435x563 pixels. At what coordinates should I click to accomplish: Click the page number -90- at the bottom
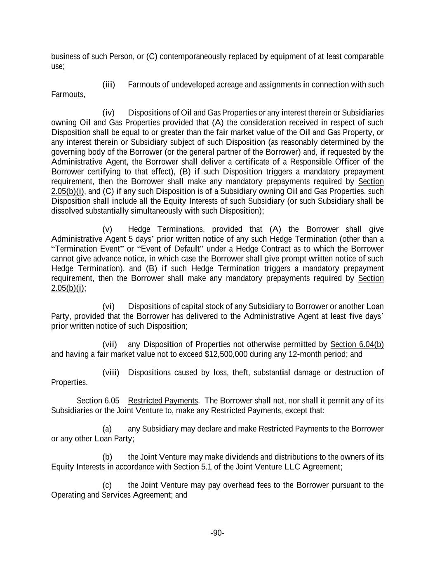click(x=217, y=533)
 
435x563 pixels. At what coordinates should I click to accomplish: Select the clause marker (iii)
click(x=108, y=85)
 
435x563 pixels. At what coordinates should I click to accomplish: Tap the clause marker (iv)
click(x=108, y=113)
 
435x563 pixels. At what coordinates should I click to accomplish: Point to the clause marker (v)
click(x=107, y=229)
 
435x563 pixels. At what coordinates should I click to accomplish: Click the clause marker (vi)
click(x=108, y=306)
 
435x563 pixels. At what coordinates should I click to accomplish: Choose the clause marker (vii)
click(x=110, y=344)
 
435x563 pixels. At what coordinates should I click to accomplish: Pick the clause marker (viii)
click(x=111, y=372)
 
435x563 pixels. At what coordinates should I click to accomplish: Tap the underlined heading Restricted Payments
click(x=163, y=401)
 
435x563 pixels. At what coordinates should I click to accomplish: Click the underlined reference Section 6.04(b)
click(x=357, y=344)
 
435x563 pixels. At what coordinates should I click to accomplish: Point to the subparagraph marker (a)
click(x=107, y=429)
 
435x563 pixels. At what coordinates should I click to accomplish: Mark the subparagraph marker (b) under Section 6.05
click(x=107, y=457)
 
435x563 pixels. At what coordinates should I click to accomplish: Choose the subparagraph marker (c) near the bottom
click(x=107, y=485)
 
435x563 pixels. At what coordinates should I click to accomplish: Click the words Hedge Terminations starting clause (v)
click(x=166, y=229)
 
